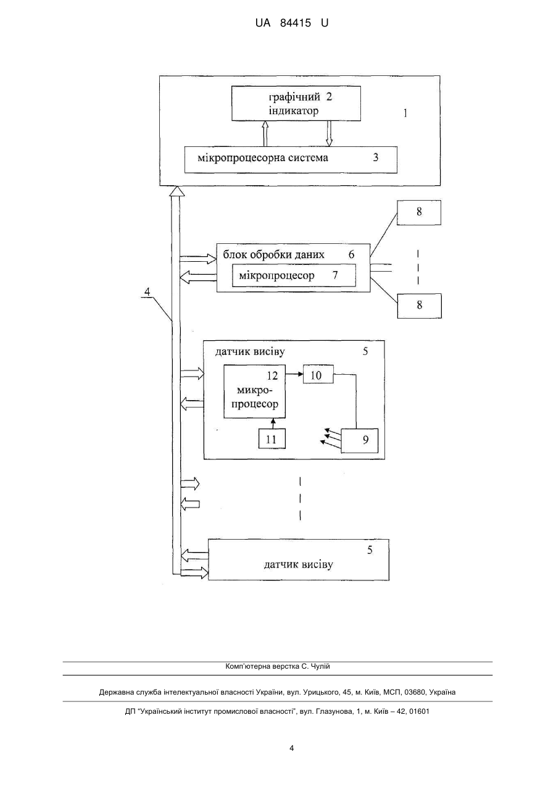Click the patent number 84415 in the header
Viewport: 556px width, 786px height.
pyautogui.click(x=296, y=23)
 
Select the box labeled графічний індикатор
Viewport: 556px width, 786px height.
pyautogui.click(x=296, y=104)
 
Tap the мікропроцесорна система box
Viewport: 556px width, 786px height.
pyautogui.click(x=291, y=160)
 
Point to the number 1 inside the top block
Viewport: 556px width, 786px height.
pyautogui.click(x=405, y=113)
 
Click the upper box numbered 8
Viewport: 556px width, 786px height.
pyautogui.click(x=419, y=212)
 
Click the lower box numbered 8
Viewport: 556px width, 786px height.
pyautogui.click(x=419, y=306)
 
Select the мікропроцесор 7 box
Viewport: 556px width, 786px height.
pyautogui.click(x=294, y=275)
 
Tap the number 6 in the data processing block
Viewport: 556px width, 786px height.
pyautogui.click(x=352, y=254)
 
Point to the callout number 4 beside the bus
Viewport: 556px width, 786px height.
pyautogui.click(x=147, y=291)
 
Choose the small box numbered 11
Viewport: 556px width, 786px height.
pyautogui.click(x=272, y=438)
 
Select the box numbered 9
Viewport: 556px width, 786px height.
pyautogui.click(x=360, y=441)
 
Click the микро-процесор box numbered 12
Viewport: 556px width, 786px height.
pyautogui.click(x=254, y=391)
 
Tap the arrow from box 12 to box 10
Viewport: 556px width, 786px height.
pyautogui.click(x=294, y=374)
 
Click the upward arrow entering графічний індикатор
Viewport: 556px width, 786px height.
pyautogui.click(x=265, y=134)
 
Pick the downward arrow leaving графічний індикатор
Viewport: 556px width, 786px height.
pyautogui.click(x=329, y=134)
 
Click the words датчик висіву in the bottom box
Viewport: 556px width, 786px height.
pyautogui.click(x=298, y=564)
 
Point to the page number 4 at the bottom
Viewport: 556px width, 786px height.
pyautogui.click(x=291, y=748)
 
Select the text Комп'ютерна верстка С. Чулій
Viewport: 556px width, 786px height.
pyautogui.click(x=278, y=666)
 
